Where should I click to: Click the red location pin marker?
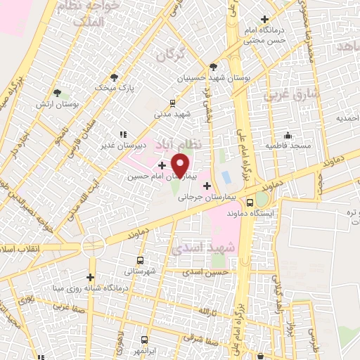tap(181, 165)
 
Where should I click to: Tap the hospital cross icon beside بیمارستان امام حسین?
tap(162, 165)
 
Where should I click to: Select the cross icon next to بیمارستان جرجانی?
tap(207, 186)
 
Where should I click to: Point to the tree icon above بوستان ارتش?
tap(57, 92)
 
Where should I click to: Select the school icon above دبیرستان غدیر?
tap(123, 134)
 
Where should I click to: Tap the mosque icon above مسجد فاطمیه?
tap(287, 136)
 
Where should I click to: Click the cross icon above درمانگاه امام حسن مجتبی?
tap(264, 20)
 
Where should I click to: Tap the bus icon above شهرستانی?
tap(141, 259)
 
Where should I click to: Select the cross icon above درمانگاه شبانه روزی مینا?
tap(89, 277)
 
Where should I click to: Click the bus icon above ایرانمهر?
tap(146, 339)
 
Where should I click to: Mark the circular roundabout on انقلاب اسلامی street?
tap(93, 246)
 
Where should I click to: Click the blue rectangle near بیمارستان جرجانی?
tap(226, 174)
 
